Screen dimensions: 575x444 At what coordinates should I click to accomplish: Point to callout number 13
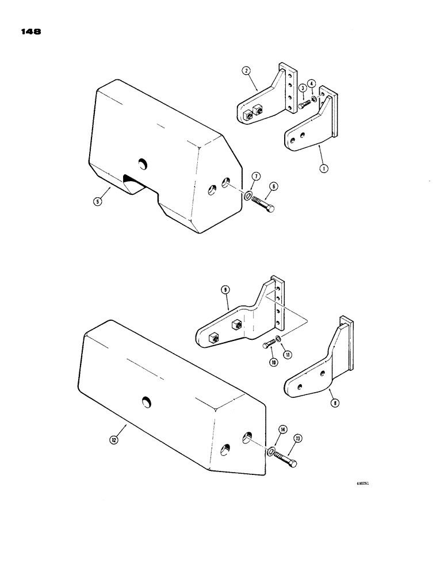[297, 438]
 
